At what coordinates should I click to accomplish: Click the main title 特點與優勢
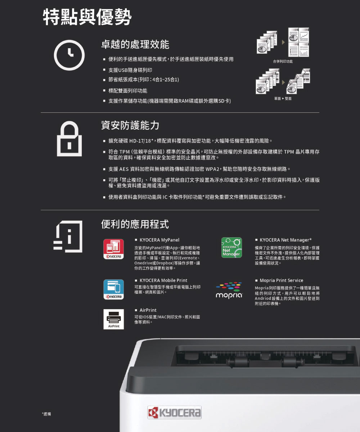pyautogui.click(x=87, y=17)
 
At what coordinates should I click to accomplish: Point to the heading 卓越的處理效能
pyautogui.click(x=135, y=44)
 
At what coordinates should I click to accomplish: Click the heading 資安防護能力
pyautogui.click(x=130, y=125)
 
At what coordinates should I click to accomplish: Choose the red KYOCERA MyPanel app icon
pyautogui.click(x=114, y=249)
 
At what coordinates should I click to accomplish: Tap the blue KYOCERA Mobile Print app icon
pyautogui.click(x=114, y=289)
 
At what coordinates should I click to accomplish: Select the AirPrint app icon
pyautogui.click(x=114, y=319)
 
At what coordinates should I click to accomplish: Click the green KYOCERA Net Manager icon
pyautogui.click(x=231, y=247)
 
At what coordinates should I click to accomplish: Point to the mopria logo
pyautogui.click(x=229, y=290)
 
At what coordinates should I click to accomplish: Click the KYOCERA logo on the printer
pyautogui.click(x=174, y=412)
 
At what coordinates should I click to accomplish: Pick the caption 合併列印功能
pyautogui.click(x=283, y=61)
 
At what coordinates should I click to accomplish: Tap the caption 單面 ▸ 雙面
pyautogui.click(x=283, y=99)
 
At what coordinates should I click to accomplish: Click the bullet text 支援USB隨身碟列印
pyautogui.click(x=130, y=70)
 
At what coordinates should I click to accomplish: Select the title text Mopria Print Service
pyautogui.click(x=282, y=280)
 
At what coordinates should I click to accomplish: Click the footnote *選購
pyautogui.click(x=46, y=414)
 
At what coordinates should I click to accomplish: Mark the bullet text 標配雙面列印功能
pyautogui.click(x=128, y=91)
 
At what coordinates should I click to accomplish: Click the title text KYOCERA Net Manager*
pyautogui.click(x=285, y=240)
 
